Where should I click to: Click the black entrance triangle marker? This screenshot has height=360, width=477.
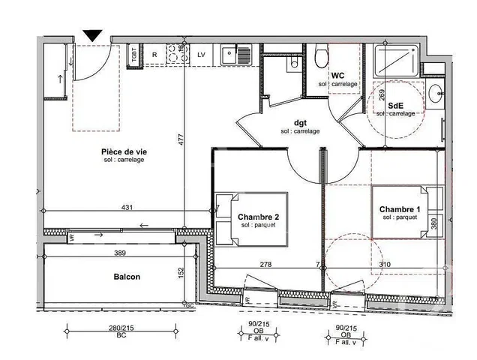pos(92,34)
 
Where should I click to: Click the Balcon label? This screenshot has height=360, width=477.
pos(127,277)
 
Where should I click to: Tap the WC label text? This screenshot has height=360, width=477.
pos(337,75)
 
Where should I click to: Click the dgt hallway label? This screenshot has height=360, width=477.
pos(299,123)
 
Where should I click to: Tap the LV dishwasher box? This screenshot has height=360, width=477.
pos(201,54)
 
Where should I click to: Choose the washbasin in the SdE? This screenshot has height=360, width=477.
pos(436,93)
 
